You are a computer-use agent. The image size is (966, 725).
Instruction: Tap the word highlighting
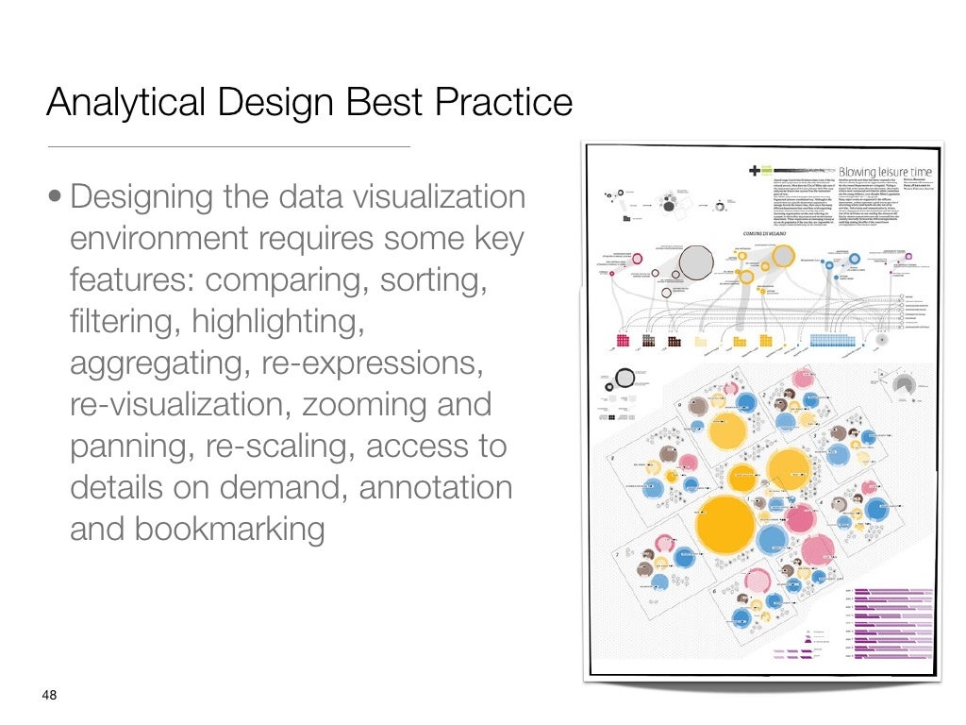[x=278, y=322]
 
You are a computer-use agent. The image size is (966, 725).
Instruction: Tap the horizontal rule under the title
[x=228, y=147]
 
